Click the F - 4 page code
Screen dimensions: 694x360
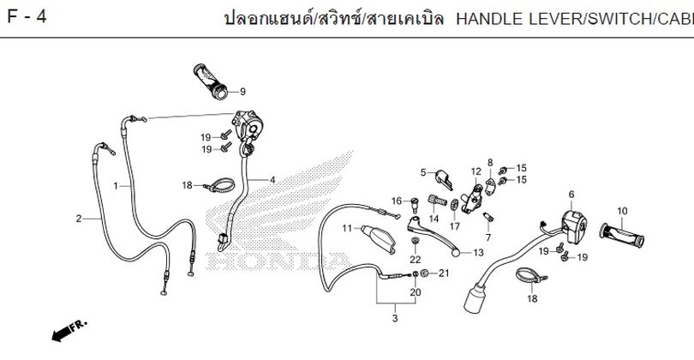pos(27,17)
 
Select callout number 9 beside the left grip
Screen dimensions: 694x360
pos(242,92)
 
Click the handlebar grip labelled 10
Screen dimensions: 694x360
pos(622,235)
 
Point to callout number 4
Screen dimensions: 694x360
pos(272,180)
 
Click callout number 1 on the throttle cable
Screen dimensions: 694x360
pos(116,186)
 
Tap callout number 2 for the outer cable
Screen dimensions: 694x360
pos(79,219)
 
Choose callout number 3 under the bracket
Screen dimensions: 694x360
pos(395,318)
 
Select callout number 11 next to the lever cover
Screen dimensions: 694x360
pos(346,228)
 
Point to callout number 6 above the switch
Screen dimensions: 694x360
pos(571,195)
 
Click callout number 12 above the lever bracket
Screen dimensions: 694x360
pos(476,171)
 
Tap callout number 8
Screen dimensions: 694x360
pos(490,163)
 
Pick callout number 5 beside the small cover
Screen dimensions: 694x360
pos(423,172)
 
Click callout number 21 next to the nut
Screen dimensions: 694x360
pos(444,273)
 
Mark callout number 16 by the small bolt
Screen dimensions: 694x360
pos(397,201)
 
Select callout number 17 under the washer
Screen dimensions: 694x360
pos(455,225)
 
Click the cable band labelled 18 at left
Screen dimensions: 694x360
pos(219,185)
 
